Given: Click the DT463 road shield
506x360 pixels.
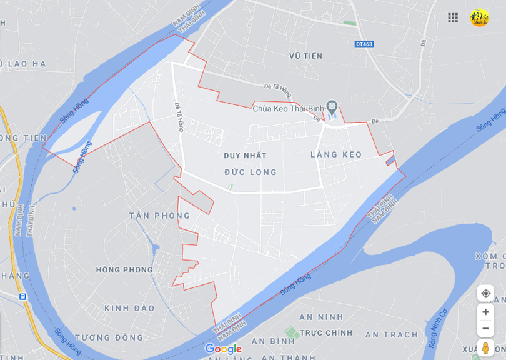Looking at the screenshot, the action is click(364, 44).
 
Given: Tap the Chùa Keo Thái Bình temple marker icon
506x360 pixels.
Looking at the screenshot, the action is click(332, 107).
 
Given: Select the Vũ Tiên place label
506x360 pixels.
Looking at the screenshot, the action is click(306, 56).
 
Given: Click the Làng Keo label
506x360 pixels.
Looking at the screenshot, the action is click(336, 154).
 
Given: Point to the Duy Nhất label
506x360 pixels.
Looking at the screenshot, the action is click(245, 155).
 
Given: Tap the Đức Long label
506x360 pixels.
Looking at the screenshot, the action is click(250, 172).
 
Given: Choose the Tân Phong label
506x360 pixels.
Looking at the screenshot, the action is click(159, 216).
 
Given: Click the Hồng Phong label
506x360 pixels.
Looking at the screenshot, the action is click(124, 270).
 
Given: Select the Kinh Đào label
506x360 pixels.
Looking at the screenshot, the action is click(129, 308).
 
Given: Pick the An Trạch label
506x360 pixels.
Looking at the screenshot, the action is click(392, 335).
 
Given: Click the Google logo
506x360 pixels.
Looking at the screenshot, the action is click(223, 349).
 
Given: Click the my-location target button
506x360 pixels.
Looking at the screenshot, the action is click(485, 293).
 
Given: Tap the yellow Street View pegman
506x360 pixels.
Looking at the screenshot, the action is click(485, 347).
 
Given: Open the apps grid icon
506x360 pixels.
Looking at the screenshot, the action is click(453, 17).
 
